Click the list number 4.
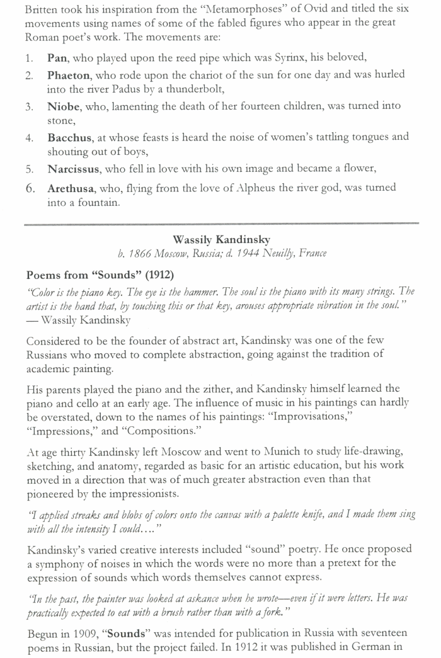(x=29, y=137)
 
